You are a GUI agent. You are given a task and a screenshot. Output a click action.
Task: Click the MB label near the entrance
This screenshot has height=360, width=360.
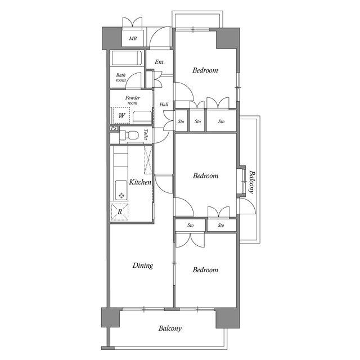[x=133, y=39]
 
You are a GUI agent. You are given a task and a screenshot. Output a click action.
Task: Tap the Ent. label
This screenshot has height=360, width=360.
[x=160, y=62]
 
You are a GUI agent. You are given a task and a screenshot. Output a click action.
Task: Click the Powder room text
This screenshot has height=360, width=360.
[x=132, y=100]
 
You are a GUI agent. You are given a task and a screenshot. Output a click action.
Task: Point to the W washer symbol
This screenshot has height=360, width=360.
[x=121, y=115]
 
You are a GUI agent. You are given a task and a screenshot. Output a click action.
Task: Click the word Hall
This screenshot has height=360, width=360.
[x=164, y=105]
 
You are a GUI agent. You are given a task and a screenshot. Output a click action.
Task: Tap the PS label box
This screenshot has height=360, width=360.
[x=114, y=128]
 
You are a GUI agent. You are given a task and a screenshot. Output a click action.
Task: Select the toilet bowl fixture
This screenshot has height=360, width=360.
[x=130, y=136]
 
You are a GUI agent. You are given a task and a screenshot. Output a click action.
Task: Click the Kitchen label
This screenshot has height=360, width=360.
[x=140, y=182]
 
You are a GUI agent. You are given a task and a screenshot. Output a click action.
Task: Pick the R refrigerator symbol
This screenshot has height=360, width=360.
[x=120, y=212]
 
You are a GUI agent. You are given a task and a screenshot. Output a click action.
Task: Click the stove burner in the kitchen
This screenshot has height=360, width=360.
[x=120, y=196]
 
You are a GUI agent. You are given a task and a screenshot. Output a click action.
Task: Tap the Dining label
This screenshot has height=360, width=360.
[x=142, y=265]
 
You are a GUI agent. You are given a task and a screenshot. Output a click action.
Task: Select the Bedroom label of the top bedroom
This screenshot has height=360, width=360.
[x=205, y=70]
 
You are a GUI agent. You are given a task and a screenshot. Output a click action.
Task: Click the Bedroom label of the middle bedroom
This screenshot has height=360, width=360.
[x=205, y=176]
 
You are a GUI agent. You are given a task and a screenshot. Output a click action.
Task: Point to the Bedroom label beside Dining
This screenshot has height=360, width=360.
[x=205, y=270]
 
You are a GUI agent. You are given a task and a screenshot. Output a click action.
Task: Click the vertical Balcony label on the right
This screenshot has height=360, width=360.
[x=251, y=182]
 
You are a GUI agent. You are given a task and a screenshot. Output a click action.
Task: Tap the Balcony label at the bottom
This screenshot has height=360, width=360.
[x=169, y=328]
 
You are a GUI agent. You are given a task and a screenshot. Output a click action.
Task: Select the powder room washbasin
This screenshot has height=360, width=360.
[x=143, y=118]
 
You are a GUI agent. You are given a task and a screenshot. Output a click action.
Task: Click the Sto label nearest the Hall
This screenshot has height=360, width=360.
[x=181, y=121]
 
